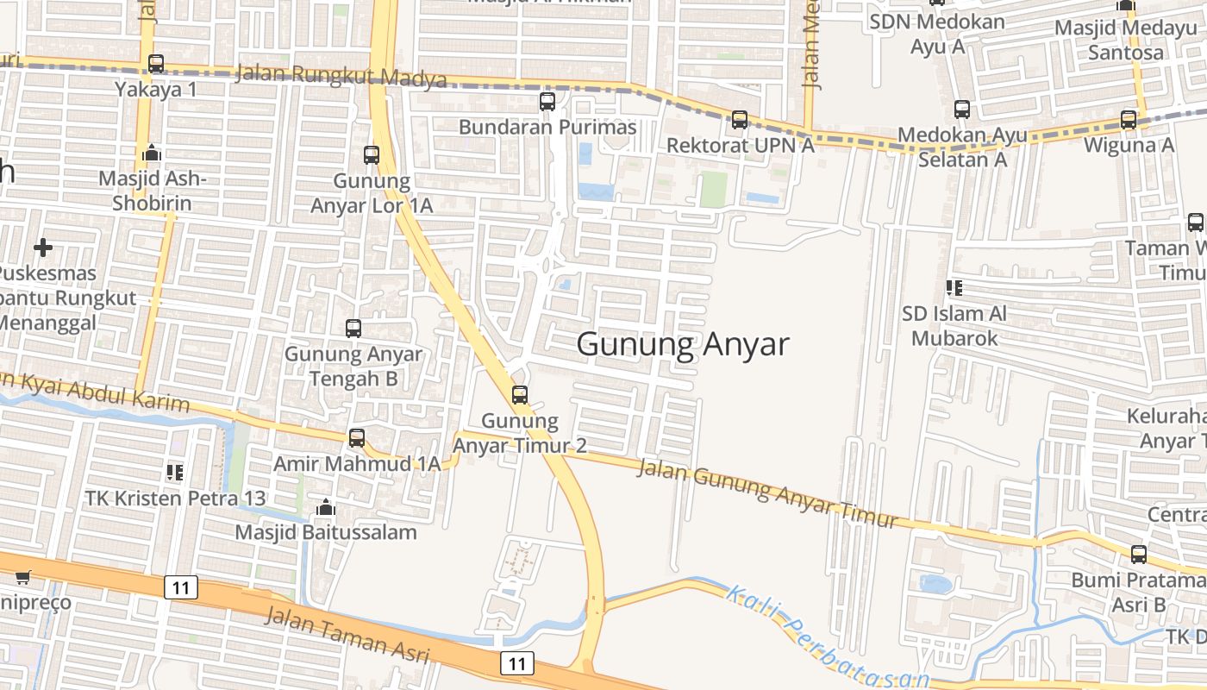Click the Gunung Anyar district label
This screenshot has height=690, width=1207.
point(682,344)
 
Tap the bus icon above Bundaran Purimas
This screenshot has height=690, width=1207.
point(547,102)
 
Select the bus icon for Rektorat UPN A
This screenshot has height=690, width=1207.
point(740,120)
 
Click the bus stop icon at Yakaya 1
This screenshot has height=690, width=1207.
point(156,64)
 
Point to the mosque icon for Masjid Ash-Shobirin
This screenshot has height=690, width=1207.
point(151,154)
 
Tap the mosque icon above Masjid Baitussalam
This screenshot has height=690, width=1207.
point(326,507)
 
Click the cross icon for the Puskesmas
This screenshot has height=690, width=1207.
point(42,248)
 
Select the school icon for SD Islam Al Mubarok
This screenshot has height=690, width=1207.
point(954,287)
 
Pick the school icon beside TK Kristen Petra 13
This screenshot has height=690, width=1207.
point(175,473)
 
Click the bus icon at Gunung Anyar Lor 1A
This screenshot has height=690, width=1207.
point(372,155)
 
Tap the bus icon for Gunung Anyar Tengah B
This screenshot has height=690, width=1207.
point(353,329)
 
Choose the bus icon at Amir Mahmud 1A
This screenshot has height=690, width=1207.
point(357,438)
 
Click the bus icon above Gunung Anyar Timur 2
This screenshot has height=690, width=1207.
point(520,395)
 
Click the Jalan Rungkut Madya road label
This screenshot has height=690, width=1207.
point(341,76)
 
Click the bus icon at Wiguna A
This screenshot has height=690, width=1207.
point(1129,120)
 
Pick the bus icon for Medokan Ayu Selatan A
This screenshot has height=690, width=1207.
point(962,110)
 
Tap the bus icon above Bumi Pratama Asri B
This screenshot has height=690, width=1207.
point(1139,555)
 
